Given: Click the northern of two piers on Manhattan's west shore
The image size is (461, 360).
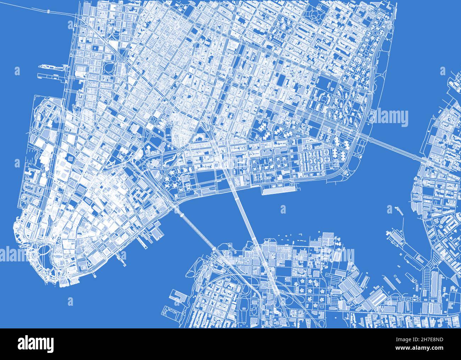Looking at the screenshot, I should [x=53, y=66].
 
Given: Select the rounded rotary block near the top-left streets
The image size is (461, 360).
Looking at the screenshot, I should [x=110, y=67].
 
